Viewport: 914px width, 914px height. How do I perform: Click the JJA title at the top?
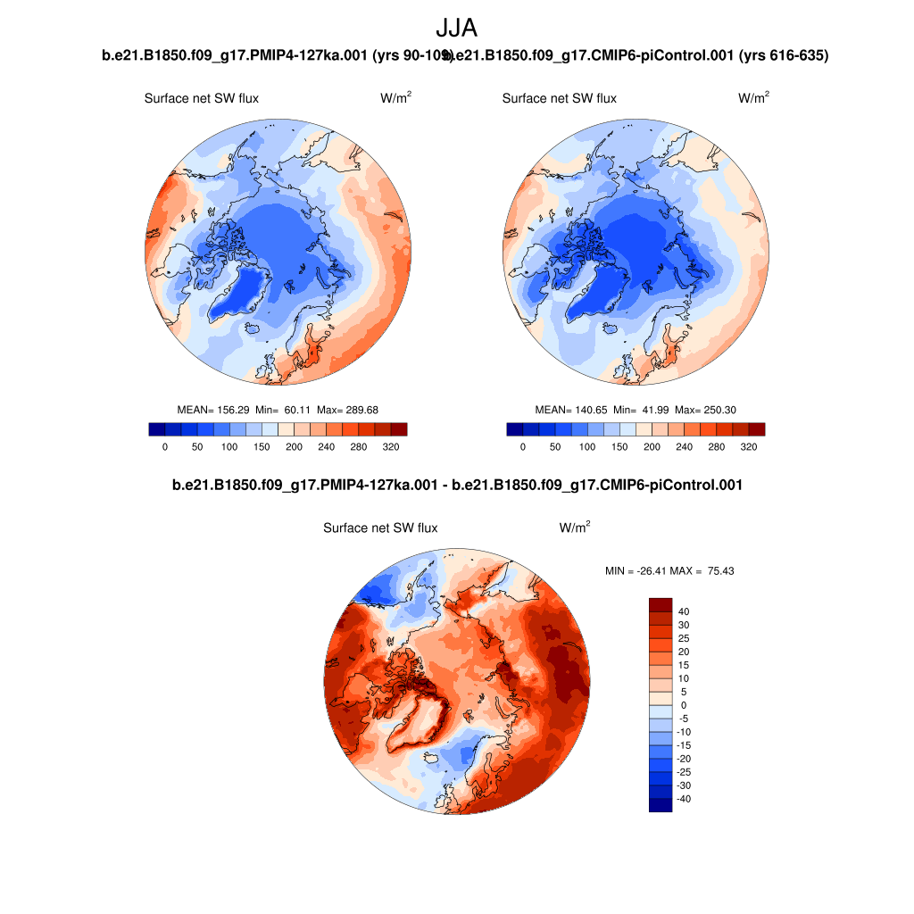pos(457,29)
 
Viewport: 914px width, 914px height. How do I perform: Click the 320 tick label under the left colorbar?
pos(390,446)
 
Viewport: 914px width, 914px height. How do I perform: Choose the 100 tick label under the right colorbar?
pos(587,446)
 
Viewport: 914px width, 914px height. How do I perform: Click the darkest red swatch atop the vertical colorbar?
pos(660,604)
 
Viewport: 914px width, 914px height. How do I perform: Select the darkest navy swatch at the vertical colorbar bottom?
pos(660,805)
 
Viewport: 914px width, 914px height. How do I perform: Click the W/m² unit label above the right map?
pos(753,98)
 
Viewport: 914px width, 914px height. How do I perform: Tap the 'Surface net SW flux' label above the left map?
pos(202,98)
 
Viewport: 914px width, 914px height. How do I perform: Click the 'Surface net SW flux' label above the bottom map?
pos(380,528)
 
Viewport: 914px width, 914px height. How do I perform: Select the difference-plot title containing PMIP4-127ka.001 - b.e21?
pos(457,486)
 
